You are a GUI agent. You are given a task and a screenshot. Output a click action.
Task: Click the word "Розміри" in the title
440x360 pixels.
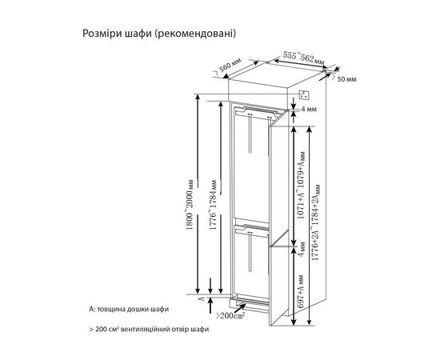[x=103, y=34]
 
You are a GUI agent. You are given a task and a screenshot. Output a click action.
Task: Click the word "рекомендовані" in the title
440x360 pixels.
[x=195, y=34]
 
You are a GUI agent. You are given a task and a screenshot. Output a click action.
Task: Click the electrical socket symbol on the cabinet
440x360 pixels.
[x=304, y=95]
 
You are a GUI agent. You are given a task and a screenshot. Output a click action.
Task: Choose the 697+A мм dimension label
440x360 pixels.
[x=297, y=292]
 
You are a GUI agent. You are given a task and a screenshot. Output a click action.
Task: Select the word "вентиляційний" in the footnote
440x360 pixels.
[x=161, y=330]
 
